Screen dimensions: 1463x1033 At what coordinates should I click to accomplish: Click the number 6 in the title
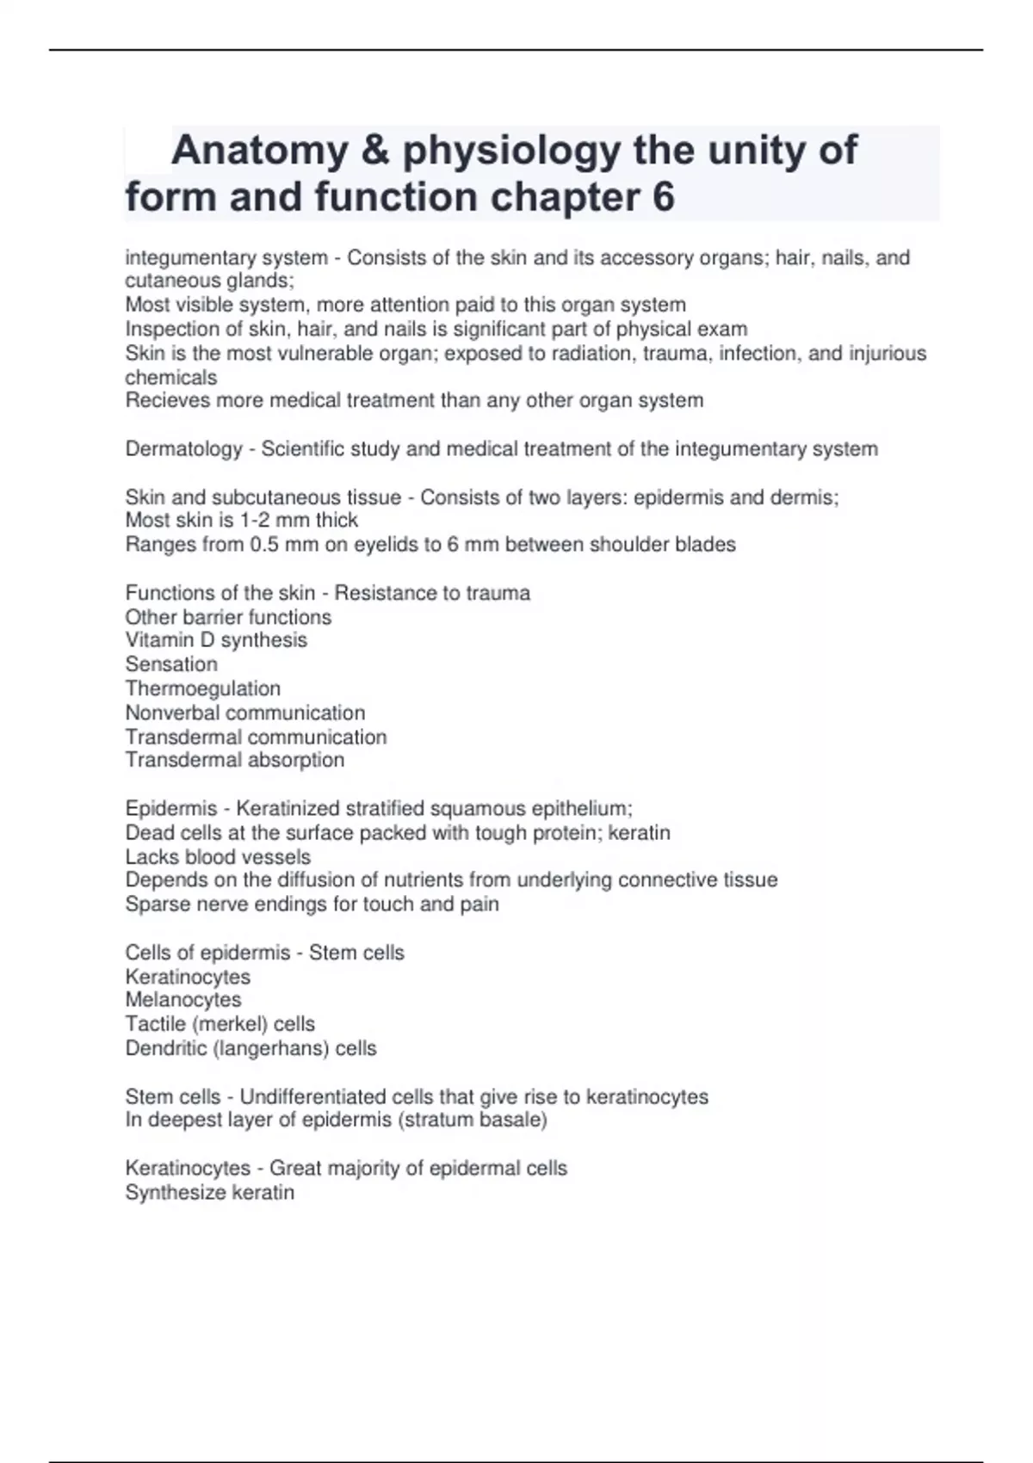point(663,197)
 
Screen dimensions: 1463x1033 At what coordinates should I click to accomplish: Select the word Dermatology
point(183,449)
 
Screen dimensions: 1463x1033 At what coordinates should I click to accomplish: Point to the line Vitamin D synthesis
point(216,640)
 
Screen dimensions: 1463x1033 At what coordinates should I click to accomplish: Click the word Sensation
point(171,664)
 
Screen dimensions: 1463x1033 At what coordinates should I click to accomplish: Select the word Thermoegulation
point(203,688)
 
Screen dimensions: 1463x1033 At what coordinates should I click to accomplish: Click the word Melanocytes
point(183,1000)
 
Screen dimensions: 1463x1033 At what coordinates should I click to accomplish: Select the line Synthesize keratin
point(210,1193)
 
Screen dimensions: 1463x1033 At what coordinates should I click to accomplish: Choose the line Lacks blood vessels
point(218,857)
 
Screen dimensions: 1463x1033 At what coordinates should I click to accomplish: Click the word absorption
point(295,761)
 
